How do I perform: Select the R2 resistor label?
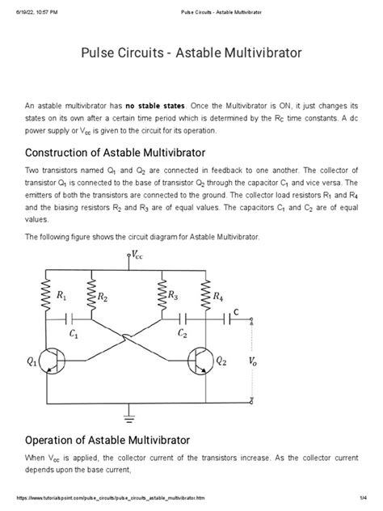pos(103,298)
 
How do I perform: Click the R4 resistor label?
pos(216,298)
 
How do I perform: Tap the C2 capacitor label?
pos(183,333)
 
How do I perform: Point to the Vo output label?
pos(256,361)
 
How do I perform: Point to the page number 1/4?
pos(364,505)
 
